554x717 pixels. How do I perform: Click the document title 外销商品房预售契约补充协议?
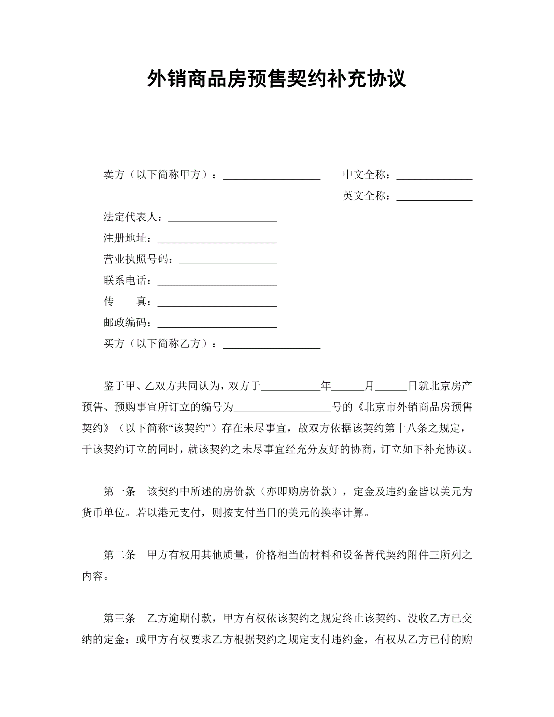pyautogui.click(x=277, y=79)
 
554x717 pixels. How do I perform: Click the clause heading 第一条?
pyautogui.click(x=119, y=492)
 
